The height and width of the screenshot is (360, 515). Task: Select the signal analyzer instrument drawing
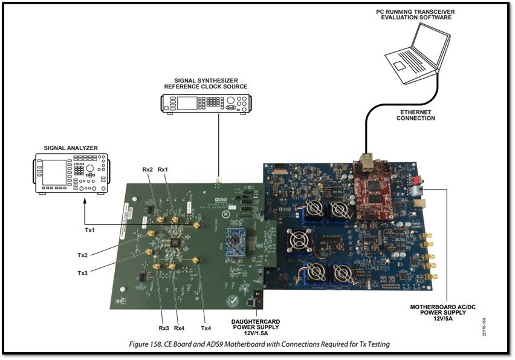(x=71, y=173)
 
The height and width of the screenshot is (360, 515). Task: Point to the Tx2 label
(x=83, y=255)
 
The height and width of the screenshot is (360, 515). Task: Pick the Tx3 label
(x=83, y=273)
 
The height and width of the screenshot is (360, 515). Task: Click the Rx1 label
(x=163, y=170)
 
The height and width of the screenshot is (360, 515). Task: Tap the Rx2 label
(x=147, y=170)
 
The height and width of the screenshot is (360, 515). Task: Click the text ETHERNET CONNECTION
(x=415, y=115)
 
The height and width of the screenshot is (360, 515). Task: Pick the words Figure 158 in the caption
(x=152, y=344)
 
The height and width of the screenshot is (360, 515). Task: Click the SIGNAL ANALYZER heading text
(x=71, y=147)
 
